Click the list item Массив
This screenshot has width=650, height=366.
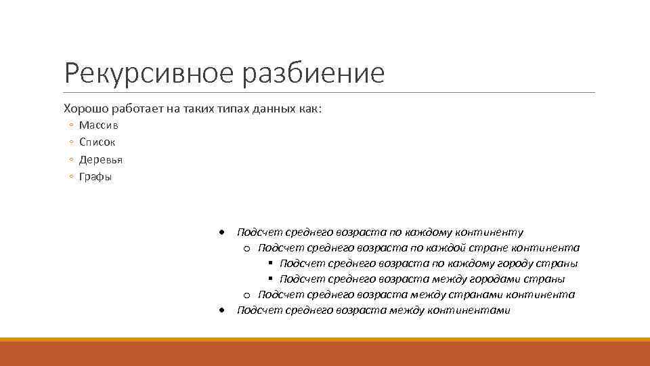98,125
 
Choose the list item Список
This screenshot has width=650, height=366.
97,142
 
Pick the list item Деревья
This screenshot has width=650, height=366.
101,160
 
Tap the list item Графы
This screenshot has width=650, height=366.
95,177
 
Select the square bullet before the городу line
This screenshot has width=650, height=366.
270,264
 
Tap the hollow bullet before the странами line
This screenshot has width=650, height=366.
247,295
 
